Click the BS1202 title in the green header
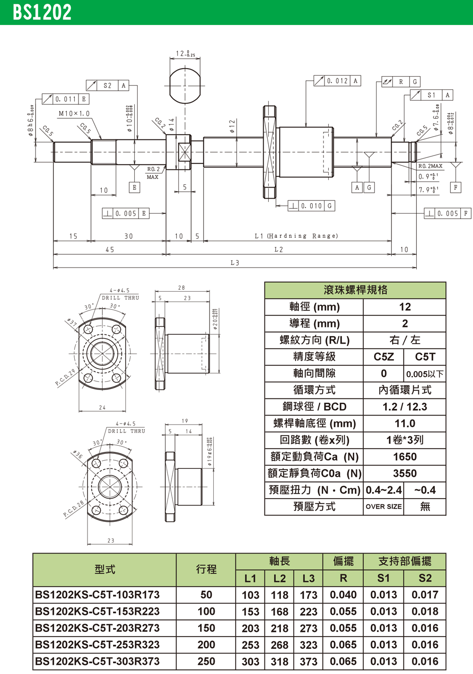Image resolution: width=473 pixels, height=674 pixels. click(42, 12)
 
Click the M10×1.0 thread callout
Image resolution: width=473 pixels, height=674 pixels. click(74, 114)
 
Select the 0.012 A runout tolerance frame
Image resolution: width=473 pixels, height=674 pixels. click(337, 81)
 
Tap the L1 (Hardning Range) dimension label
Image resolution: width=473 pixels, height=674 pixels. click(297, 236)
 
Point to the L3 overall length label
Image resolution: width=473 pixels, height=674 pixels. click(235, 263)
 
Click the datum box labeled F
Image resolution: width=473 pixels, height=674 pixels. click(455, 187)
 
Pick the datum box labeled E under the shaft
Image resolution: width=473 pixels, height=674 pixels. click(134, 188)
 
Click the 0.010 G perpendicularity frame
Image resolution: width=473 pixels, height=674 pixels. click(311, 206)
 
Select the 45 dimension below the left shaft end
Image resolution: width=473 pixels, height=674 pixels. click(110, 250)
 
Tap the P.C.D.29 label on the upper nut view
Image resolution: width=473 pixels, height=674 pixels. click(65, 378)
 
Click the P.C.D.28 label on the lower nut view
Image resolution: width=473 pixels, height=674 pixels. click(73, 509)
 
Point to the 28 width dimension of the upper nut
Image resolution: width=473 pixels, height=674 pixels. click(182, 287)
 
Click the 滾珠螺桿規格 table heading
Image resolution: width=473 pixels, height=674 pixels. click(355, 290)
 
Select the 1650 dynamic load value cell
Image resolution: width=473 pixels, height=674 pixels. click(404, 457)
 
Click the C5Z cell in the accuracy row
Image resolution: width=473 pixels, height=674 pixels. click(384, 357)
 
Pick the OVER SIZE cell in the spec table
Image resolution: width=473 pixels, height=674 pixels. click(384, 507)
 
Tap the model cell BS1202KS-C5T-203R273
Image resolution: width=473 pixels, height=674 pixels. click(97, 628)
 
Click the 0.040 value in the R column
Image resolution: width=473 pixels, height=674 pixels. click(343, 595)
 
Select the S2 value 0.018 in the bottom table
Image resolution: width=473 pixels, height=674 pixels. click(424, 612)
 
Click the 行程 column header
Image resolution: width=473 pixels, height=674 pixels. click(206, 570)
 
